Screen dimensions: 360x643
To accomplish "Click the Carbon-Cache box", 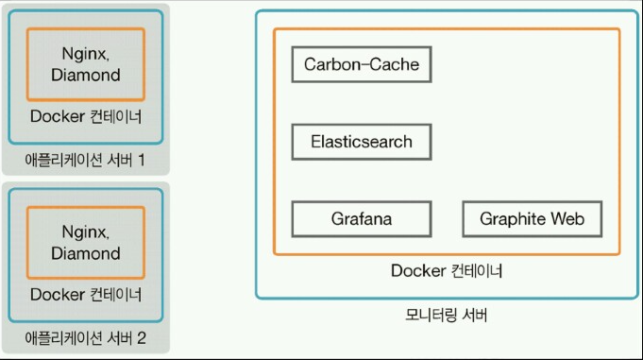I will coord(362,65).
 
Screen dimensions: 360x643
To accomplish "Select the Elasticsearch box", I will coord(362,142).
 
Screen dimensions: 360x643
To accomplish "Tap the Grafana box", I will coord(362,219).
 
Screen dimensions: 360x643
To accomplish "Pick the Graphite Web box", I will coord(532,219).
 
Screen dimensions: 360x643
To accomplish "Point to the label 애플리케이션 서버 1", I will coord(85,160).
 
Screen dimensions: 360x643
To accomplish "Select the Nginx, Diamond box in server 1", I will coord(85,64).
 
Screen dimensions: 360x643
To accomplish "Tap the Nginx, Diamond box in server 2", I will coord(85,243).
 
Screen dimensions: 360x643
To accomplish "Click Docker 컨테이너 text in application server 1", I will coord(85,117).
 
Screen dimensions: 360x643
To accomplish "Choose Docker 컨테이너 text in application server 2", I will coord(85,295).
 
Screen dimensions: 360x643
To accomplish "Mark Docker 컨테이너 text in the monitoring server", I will coord(447,271).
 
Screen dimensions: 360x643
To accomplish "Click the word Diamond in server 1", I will coord(85,75).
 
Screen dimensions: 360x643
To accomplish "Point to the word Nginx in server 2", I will coord(86,231).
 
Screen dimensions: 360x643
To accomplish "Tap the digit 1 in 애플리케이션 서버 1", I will coord(140,160).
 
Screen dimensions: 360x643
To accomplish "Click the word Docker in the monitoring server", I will coord(416,271).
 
